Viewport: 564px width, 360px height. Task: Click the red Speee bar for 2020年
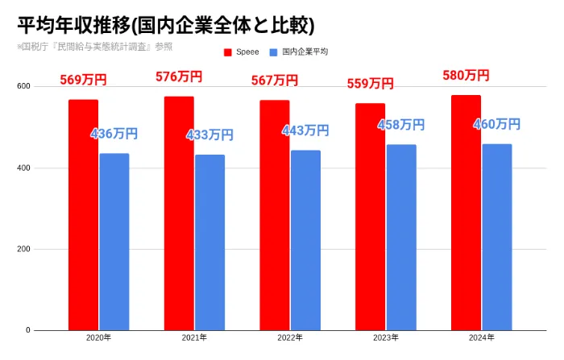[83, 215]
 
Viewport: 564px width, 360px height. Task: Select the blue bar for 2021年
[209, 242]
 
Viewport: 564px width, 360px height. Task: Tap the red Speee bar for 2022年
[275, 215]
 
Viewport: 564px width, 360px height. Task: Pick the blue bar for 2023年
[401, 238]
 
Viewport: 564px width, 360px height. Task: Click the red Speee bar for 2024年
[467, 213]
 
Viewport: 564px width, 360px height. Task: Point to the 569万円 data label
[83, 80]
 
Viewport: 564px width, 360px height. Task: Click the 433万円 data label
[209, 135]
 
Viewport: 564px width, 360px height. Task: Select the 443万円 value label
[305, 130]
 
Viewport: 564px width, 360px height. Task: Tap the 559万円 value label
[370, 83]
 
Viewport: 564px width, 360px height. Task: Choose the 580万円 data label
[466, 76]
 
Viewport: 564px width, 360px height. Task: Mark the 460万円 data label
[496, 124]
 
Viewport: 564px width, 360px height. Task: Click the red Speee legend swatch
[228, 52]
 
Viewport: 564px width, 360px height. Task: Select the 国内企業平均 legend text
[305, 52]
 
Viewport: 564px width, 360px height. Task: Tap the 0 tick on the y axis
[27, 330]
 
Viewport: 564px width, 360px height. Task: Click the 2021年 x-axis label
[194, 338]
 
